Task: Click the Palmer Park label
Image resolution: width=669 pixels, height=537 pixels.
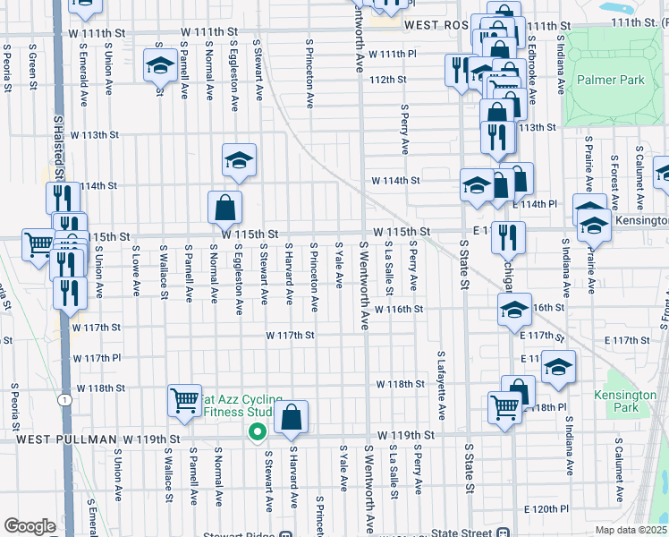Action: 611,81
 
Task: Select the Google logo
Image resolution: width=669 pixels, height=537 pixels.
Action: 30,525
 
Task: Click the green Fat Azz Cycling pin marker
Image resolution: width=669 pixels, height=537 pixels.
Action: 257,431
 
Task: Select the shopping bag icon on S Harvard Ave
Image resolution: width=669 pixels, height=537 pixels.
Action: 292,416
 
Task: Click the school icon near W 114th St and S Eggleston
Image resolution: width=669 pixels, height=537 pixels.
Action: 239,160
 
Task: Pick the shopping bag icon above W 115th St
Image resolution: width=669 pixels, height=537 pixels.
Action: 225,207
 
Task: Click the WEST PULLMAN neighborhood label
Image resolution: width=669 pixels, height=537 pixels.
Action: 66,439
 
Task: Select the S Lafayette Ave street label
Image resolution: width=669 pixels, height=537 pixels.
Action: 441,385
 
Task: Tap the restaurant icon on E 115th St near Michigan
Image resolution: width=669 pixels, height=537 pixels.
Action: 507,236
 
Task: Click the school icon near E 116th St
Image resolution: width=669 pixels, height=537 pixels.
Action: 514,310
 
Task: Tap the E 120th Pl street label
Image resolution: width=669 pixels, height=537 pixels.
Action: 546,508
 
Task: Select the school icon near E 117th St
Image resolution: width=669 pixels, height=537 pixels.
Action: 558,367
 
